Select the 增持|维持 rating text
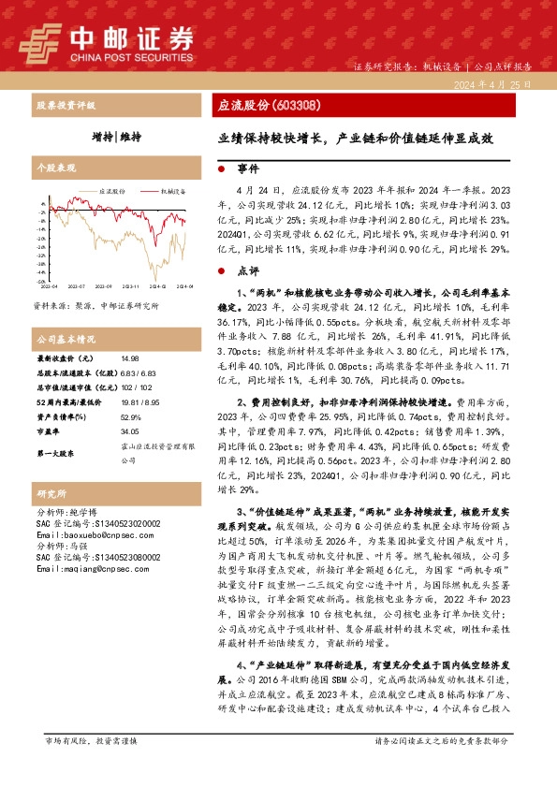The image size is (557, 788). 116,137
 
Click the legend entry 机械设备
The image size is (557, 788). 172,190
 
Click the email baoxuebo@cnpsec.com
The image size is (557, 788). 84,534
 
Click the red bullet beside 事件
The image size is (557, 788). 219,171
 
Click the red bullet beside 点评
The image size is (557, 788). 219,270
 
